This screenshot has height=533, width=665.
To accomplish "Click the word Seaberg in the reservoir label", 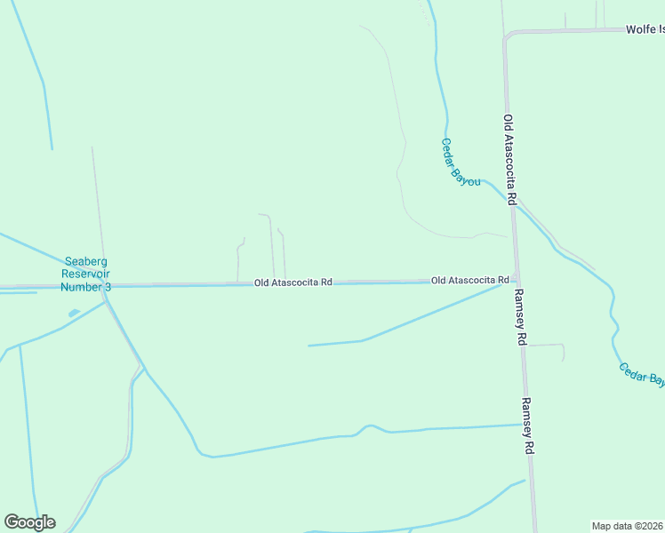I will [86, 261].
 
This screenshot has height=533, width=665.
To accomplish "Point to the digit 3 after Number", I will [108, 287].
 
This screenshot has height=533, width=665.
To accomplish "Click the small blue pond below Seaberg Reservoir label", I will [73, 313].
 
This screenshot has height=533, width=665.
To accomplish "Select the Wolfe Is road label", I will [645, 29].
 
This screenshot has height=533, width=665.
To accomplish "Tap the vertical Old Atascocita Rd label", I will [509, 160].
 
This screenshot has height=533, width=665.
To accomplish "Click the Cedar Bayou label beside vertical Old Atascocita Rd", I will [461, 162].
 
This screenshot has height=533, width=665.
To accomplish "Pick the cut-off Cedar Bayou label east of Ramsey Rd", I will [642, 374].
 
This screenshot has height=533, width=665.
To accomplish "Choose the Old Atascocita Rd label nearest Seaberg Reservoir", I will [292, 282].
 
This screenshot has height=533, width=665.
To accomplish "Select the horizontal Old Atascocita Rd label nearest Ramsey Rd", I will [469, 280].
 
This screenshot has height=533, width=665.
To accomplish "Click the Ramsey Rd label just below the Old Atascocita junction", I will [521, 317].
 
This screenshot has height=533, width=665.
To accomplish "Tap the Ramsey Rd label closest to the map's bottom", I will [527, 426].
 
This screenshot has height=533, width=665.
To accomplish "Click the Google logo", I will [29, 522].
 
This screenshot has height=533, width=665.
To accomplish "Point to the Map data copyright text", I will [628, 526].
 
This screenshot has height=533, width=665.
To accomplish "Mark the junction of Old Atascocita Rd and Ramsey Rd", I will [516, 279].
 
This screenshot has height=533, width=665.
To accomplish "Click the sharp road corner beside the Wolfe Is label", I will [507, 36].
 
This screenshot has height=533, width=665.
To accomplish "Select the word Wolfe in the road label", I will [639, 29].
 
